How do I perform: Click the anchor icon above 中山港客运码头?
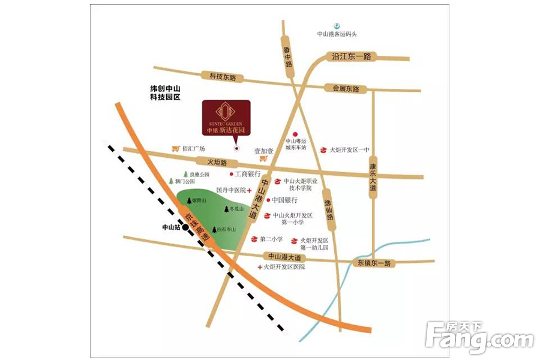337,26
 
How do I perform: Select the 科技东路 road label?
223,77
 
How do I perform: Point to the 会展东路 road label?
346,88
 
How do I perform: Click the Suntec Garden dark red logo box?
226,118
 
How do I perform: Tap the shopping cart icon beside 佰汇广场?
175,148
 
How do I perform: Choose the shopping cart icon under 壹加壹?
263,159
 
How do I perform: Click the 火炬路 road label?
218,163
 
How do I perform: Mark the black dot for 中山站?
187,228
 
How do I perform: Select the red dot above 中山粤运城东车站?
295,134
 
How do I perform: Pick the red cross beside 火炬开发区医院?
259,267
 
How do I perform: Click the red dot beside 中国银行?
268,200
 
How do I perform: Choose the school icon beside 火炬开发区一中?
323,150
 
